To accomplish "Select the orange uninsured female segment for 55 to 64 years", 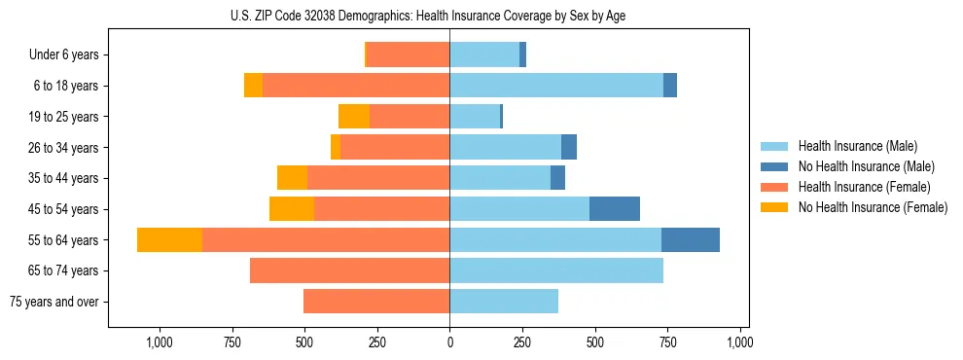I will tap(169, 240).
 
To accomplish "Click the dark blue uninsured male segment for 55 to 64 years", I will tap(691, 240).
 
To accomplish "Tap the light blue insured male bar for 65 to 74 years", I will tap(556, 270).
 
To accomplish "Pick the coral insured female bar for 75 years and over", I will tap(376, 302).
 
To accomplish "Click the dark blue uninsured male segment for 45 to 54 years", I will tap(615, 209).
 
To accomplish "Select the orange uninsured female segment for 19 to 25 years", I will tap(354, 117).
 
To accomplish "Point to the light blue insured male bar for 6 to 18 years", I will tap(556, 86).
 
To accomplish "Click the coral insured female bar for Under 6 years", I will tap(408, 54).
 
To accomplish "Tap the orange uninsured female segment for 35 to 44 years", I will tap(292, 178).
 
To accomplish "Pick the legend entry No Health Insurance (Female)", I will tap(873, 207).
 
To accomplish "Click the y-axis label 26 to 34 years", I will tap(64, 148).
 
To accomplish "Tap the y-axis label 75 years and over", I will tap(53, 302).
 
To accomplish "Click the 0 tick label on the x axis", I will tap(449, 342).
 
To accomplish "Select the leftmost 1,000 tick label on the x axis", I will tap(159, 342).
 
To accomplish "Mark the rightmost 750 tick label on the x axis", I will tap(667, 342).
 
